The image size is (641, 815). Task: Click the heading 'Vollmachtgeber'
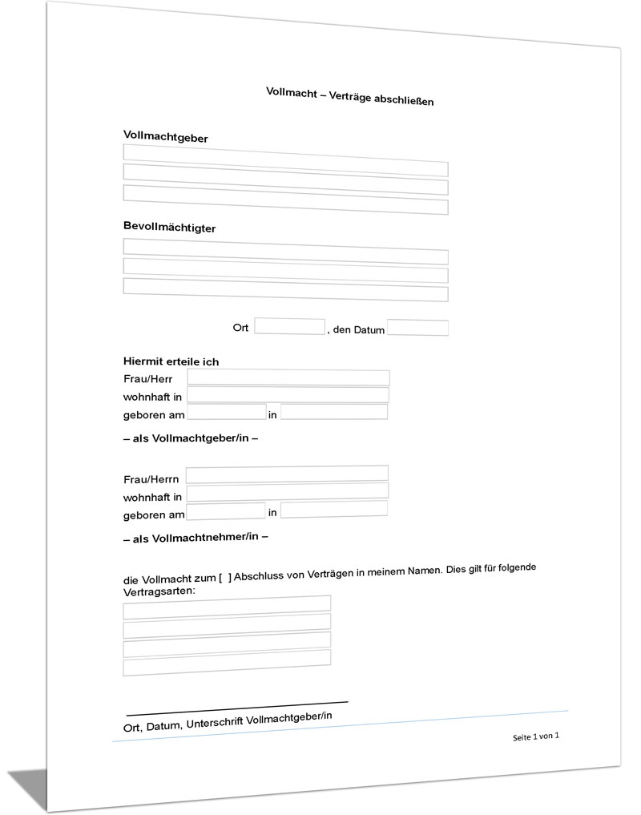(x=166, y=137)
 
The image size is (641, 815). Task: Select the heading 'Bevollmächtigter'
(x=169, y=228)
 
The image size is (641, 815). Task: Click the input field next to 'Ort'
(x=289, y=327)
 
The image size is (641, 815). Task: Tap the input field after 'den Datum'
(x=417, y=328)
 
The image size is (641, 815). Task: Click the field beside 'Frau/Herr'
(x=288, y=378)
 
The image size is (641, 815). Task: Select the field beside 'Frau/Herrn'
(x=287, y=474)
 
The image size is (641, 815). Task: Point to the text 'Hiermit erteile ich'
(x=171, y=361)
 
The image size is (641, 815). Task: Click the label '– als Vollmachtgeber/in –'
(x=191, y=438)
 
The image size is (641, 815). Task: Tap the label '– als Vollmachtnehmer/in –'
(x=196, y=538)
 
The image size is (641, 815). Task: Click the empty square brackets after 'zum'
(x=225, y=577)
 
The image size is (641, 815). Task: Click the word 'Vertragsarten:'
(x=159, y=591)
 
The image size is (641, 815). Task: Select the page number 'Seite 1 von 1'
(x=535, y=736)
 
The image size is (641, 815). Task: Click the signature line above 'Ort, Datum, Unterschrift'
(x=237, y=708)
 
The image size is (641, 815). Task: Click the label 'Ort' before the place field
(x=241, y=329)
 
